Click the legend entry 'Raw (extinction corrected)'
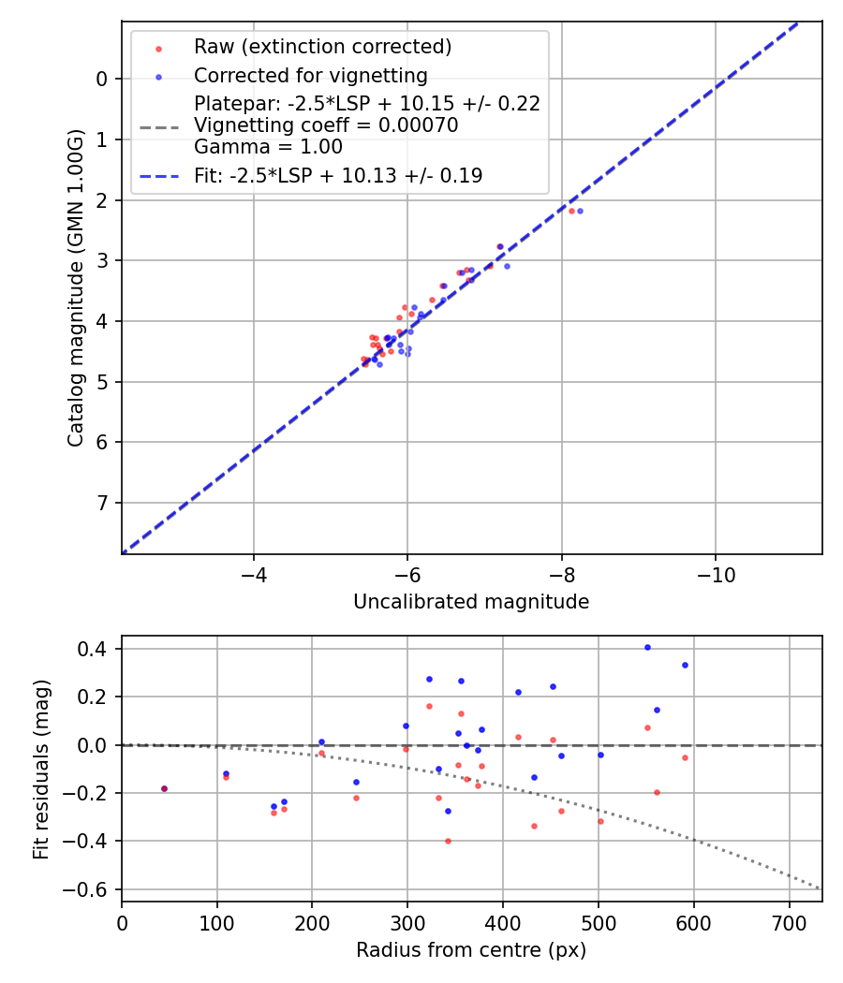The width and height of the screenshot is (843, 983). click(x=322, y=47)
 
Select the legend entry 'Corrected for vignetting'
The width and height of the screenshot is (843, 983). click(x=310, y=76)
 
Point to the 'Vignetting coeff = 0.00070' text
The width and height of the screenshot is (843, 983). click(x=326, y=125)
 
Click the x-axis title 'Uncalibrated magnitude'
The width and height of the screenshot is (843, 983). click(x=471, y=602)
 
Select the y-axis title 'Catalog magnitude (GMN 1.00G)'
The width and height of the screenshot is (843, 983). click(x=77, y=288)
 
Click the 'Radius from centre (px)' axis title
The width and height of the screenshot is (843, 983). click(x=471, y=950)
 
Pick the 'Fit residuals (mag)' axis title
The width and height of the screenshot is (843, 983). click(x=41, y=770)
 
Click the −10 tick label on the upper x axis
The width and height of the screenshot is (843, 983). click(x=716, y=572)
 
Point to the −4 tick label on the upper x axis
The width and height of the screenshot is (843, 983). click(x=253, y=572)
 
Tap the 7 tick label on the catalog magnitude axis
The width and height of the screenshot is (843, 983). click(x=103, y=504)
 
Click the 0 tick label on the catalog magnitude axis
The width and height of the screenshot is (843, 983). click(x=103, y=79)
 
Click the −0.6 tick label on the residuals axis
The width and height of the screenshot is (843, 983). click(x=90, y=889)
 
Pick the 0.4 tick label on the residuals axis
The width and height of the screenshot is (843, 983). click(x=95, y=649)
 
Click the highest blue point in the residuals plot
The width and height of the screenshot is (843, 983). click(x=647, y=647)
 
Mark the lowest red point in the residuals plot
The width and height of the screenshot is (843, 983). click(x=448, y=841)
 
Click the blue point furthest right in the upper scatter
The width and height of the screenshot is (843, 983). click(x=580, y=211)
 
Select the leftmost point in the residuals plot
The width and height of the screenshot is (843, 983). click(x=164, y=788)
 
